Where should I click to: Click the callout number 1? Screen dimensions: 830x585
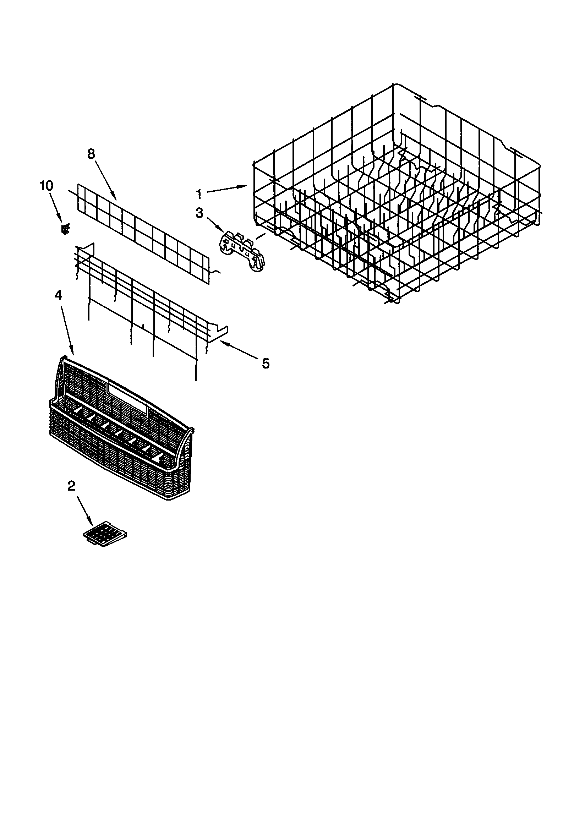point(199,194)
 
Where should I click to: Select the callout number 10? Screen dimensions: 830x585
point(46,186)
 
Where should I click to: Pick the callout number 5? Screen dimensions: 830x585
point(266,363)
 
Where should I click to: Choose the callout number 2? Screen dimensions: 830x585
point(72,486)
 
